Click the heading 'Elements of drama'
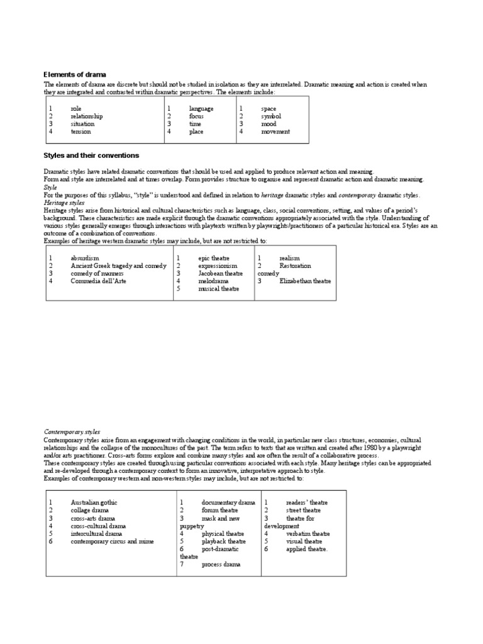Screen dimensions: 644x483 click(75, 75)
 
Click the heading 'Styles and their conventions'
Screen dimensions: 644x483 click(91, 155)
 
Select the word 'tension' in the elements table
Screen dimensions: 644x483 click(80, 132)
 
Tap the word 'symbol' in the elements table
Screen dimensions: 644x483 click(270, 116)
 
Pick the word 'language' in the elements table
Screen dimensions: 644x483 click(201, 109)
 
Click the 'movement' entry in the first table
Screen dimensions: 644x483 click(275, 132)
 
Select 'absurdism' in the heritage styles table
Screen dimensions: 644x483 click(85, 258)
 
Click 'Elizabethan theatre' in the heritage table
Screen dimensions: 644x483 click(305, 281)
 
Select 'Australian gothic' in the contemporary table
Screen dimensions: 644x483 click(94, 502)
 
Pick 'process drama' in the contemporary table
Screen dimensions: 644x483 click(221, 565)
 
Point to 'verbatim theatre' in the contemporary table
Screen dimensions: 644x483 click(308, 533)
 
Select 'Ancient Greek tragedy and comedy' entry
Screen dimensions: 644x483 click(118, 266)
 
